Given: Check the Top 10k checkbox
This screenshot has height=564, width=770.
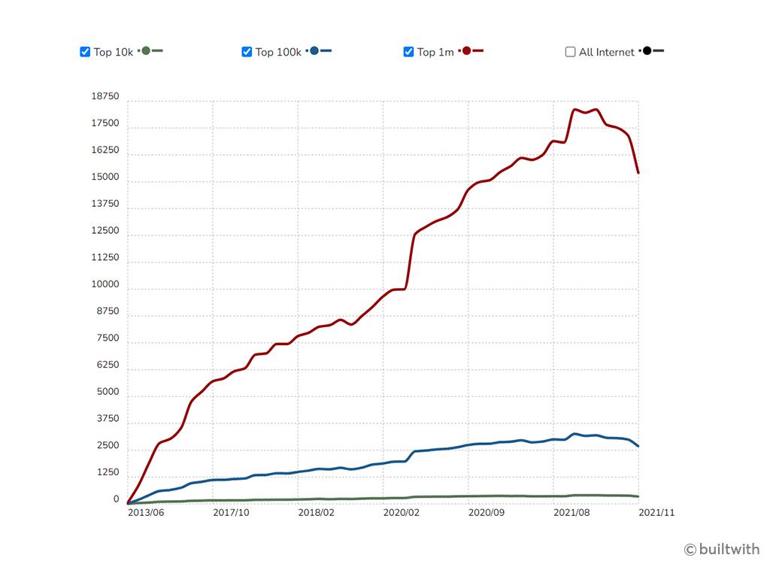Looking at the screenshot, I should coord(85,52).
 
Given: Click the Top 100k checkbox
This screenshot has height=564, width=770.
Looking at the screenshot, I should coord(247,52).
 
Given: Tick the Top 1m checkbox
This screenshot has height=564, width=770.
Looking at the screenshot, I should coord(408,52).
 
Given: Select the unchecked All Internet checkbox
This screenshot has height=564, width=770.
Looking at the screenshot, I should coord(570,52).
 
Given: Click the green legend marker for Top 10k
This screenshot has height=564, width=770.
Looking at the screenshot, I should coord(146,51).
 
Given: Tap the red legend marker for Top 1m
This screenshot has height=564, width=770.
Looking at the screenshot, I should coord(467,51).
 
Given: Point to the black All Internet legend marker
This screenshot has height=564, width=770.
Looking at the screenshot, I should coord(647,51).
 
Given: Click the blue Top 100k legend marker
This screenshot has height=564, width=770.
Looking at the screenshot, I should coord(314,51).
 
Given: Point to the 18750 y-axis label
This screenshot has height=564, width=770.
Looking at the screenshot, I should coord(105,97).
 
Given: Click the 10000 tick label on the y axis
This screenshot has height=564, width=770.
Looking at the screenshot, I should coord(105,285).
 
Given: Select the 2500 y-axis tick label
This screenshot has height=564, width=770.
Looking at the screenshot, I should coord(107,446).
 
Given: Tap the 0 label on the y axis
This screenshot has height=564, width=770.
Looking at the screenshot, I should coord(116,499).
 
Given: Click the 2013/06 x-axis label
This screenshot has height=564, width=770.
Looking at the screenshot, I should coord(146,513).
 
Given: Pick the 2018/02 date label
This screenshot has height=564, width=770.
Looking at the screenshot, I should coord(316,513).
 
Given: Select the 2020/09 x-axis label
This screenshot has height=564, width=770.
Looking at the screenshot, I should coord(487,513).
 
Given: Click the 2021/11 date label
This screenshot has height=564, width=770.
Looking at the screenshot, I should coord(656,513).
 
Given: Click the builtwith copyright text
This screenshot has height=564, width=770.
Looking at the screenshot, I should coord(722,549).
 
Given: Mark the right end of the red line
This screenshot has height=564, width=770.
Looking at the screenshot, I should coord(638,173).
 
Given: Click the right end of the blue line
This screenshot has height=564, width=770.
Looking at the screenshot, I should coord(638,446).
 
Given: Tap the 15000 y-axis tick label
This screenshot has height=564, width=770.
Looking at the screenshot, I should coord(105,177).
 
